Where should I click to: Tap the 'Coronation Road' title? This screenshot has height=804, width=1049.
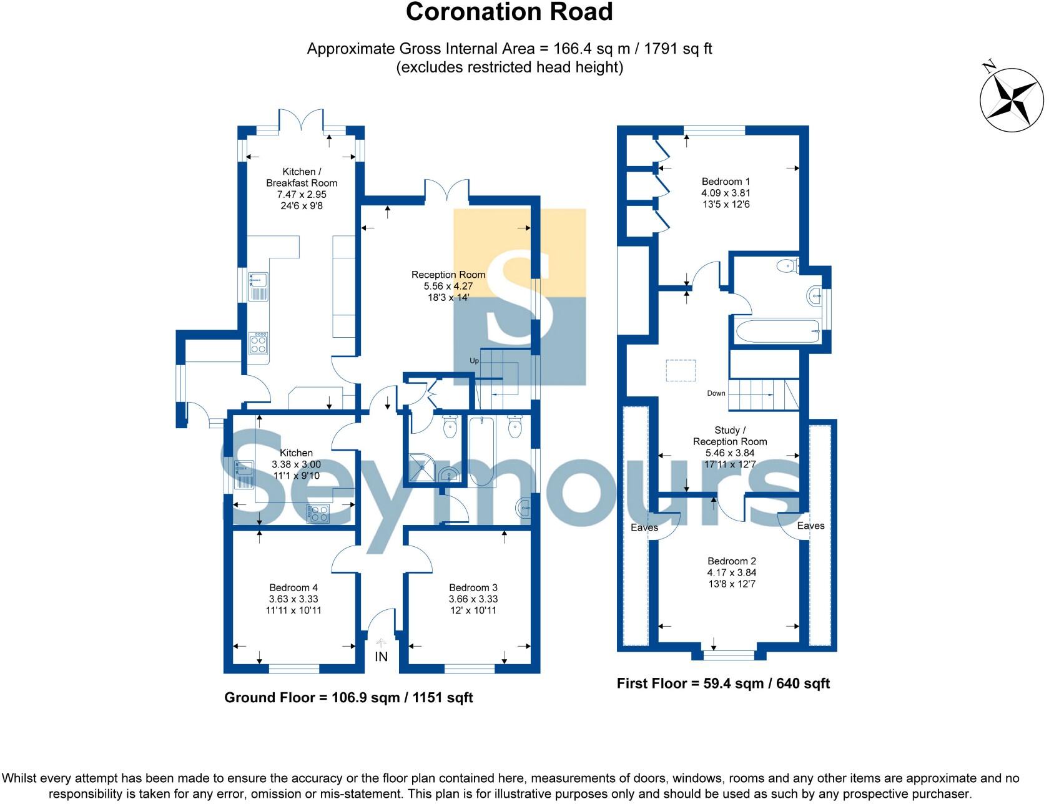click(x=509, y=12)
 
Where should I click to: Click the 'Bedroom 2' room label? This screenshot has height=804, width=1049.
click(x=731, y=561)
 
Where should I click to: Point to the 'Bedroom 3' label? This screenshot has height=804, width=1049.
click(x=473, y=587)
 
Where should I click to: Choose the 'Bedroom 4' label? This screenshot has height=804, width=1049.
click(x=293, y=587)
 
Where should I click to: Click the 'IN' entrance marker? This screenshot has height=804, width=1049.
click(x=381, y=657)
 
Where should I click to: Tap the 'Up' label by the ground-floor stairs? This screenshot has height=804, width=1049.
click(x=474, y=361)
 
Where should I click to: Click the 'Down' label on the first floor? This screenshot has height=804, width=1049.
click(x=716, y=393)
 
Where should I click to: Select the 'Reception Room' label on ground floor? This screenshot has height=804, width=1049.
click(x=448, y=275)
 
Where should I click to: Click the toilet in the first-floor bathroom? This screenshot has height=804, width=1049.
click(x=788, y=267)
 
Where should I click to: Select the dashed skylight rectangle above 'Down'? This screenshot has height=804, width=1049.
click(x=680, y=370)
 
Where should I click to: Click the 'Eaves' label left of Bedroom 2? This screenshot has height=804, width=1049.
click(x=644, y=527)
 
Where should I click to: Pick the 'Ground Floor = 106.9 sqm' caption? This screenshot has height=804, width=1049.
click(x=348, y=697)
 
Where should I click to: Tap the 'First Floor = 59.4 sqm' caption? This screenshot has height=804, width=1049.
click(x=723, y=684)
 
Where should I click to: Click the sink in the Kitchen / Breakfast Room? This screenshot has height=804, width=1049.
click(x=258, y=287)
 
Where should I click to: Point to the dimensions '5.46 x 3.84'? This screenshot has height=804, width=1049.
click(x=730, y=453)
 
